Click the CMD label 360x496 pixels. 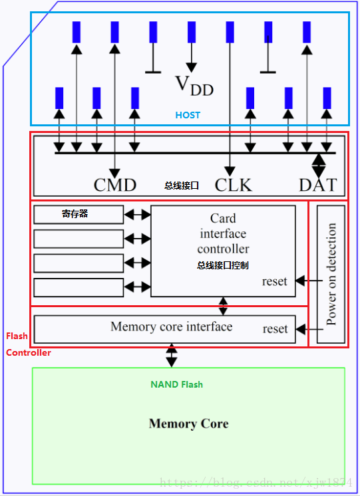point(115,185)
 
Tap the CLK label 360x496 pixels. point(234,185)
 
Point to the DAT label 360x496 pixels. point(317,185)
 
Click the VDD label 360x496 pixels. point(194,86)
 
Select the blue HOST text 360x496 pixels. point(188,115)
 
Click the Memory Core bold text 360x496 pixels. point(189,424)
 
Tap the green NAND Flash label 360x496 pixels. point(177,385)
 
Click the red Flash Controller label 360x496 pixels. point(28,344)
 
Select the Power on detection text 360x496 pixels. point(331,274)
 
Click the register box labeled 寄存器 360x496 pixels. point(79,215)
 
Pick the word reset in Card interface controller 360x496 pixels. point(275,281)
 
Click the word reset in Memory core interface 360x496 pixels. point(275,329)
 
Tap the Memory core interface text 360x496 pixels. point(171,326)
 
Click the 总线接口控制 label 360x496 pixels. point(222,265)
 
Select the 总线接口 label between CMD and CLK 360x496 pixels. point(182,186)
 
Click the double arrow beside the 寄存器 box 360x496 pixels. point(137,215)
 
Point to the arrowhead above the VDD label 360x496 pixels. point(191,68)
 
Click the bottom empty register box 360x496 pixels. point(79,287)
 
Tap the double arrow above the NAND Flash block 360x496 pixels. point(171,355)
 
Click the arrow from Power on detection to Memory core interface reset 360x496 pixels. point(309,329)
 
